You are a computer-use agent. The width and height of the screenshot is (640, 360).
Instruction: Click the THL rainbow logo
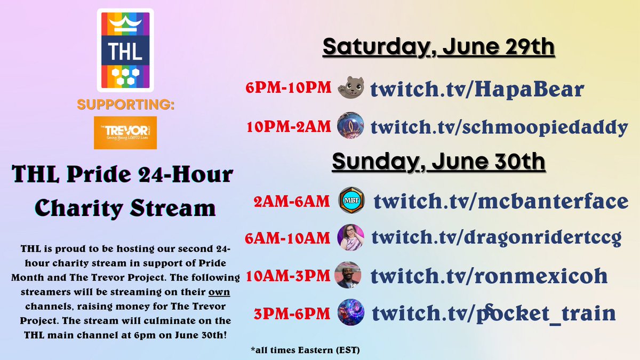pyautogui.click(x=125, y=50)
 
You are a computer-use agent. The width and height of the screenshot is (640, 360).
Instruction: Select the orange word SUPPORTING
pyautogui.click(x=125, y=105)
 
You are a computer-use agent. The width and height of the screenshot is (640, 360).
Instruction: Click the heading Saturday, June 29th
pyautogui.click(x=438, y=48)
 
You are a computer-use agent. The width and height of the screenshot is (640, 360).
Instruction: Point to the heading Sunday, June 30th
pyautogui.click(x=438, y=161)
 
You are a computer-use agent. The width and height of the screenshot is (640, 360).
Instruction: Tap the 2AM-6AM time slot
pyautogui.click(x=292, y=202)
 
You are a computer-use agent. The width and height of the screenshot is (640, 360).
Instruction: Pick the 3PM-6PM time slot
pyautogui.click(x=292, y=313)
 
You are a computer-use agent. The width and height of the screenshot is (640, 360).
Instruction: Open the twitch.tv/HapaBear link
pyautogui.click(x=478, y=89)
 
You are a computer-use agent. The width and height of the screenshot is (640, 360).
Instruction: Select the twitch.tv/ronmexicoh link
pyautogui.click(x=489, y=275)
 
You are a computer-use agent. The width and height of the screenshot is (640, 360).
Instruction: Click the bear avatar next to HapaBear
pyautogui.click(x=351, y=87)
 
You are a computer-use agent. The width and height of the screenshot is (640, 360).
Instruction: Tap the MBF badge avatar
pyautogui.click(x=351, y=202)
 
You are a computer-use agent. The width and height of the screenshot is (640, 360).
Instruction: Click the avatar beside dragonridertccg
pyautogui.click(x=351, y=237)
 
